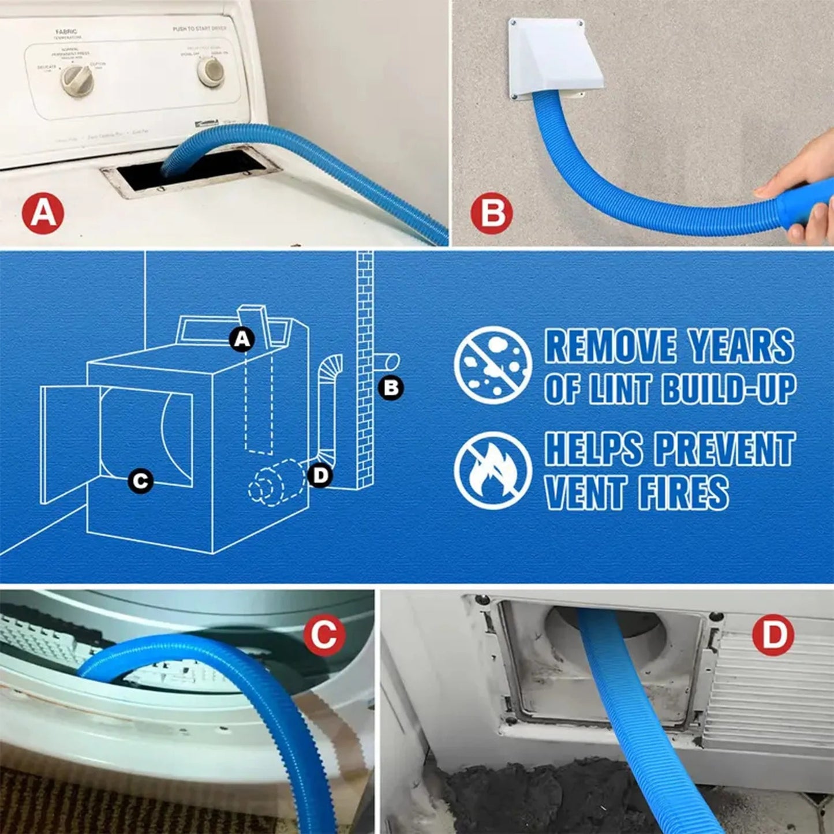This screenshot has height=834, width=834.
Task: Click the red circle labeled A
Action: [x=43, y=214]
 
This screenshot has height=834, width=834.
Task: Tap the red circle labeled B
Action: [x=491, y=214]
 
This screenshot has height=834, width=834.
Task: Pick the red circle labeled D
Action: [x=773, y=635]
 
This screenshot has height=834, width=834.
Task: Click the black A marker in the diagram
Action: [x=242, y=339]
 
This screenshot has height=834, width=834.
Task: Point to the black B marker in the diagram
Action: [x=391, y=388]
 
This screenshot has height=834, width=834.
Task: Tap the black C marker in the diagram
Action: [x=140, y=480]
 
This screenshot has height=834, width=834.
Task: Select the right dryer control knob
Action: [x=211, y=70]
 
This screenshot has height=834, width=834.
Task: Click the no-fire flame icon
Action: [x=492, y=470]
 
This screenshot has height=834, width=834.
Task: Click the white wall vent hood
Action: [x=554, y=58]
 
